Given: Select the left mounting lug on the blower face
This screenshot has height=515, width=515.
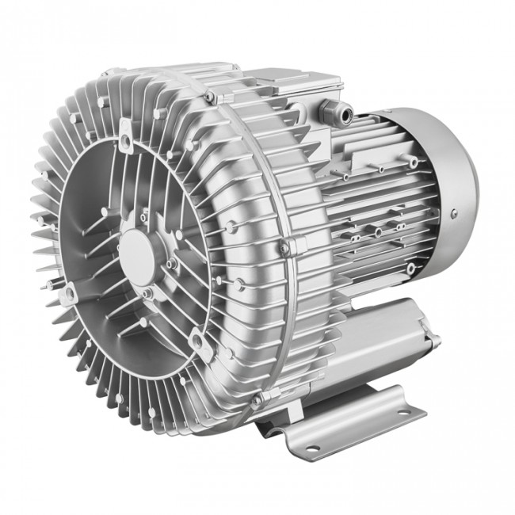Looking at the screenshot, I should (x=67, y=294).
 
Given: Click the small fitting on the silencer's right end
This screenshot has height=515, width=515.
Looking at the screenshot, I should (x=434, y=341).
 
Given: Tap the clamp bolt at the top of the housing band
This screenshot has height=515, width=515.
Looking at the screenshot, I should (x=210, y=97).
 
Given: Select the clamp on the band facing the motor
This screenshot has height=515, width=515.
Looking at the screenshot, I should (x=285, y=247).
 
